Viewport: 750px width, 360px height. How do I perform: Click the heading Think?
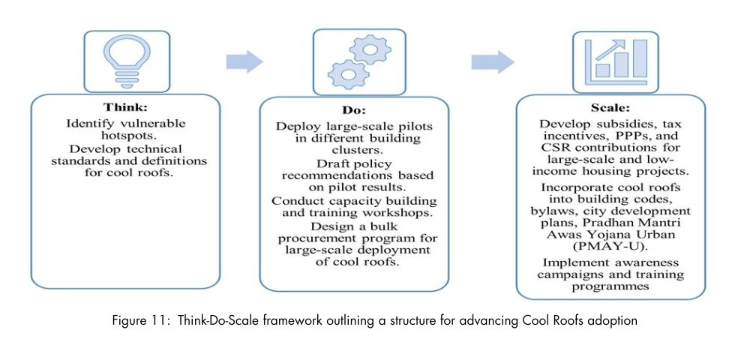click(x=126, y=107)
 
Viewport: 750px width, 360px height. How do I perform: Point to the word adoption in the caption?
click(x=613, y=321)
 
